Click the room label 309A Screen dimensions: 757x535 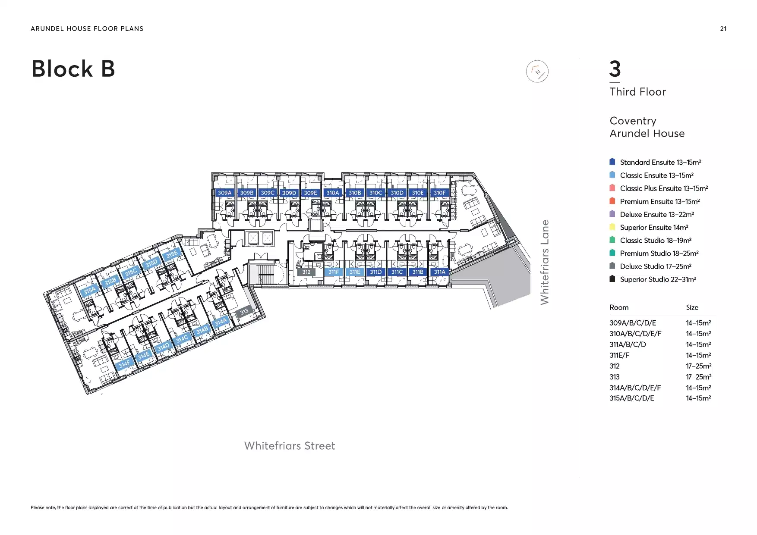(224, 193)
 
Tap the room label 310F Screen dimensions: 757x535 (439, 193)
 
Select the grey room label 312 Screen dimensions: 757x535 (306, 272)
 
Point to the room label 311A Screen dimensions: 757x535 (439, 272)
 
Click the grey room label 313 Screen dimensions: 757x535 (244, 311)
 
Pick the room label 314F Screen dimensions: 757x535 (124, 364)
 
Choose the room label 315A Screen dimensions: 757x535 (89, 290)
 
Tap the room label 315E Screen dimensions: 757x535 (171, 254)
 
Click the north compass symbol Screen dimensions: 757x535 (537, 72)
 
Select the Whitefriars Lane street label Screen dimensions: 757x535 (545, 262)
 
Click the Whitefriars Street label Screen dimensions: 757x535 (290, 446)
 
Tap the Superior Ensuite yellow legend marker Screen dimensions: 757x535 (612, 227)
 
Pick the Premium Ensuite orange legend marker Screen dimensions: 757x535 (612, 201)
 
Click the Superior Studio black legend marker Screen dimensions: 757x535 (612, 278)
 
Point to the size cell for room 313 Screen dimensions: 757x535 (698, 377)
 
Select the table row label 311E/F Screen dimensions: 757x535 (619, 355)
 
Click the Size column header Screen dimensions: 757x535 (692, 307)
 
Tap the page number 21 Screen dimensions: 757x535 (723, 29)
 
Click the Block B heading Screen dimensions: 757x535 (73, 69)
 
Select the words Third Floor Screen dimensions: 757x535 (637, 92)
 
